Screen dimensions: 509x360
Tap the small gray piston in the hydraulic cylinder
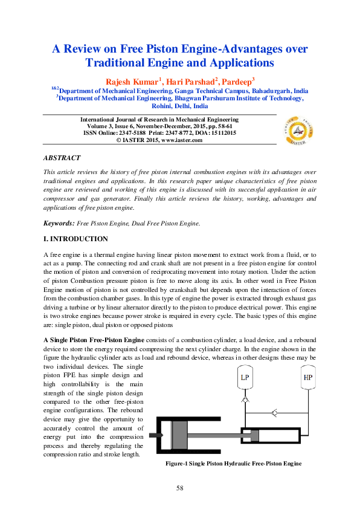pos(254,435)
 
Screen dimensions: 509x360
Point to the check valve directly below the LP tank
pos(245,400)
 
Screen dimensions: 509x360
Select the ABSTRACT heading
pos(62,158)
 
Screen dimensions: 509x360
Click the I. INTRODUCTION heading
pos(76,239)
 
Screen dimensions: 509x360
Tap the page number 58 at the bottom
pos(180,488)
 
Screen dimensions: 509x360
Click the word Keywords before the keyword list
pos(59,224)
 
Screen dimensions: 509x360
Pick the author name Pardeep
pos(236,81)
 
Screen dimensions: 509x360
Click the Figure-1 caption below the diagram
pos(233,464)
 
